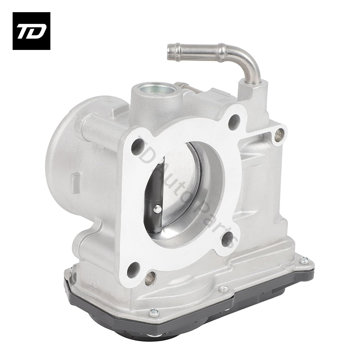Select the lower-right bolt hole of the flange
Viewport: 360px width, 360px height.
pos(229,239)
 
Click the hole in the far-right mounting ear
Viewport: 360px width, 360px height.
pos(279,133)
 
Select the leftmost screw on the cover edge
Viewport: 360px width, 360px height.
pos(154,312)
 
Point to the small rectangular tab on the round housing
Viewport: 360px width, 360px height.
pos(75,183)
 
